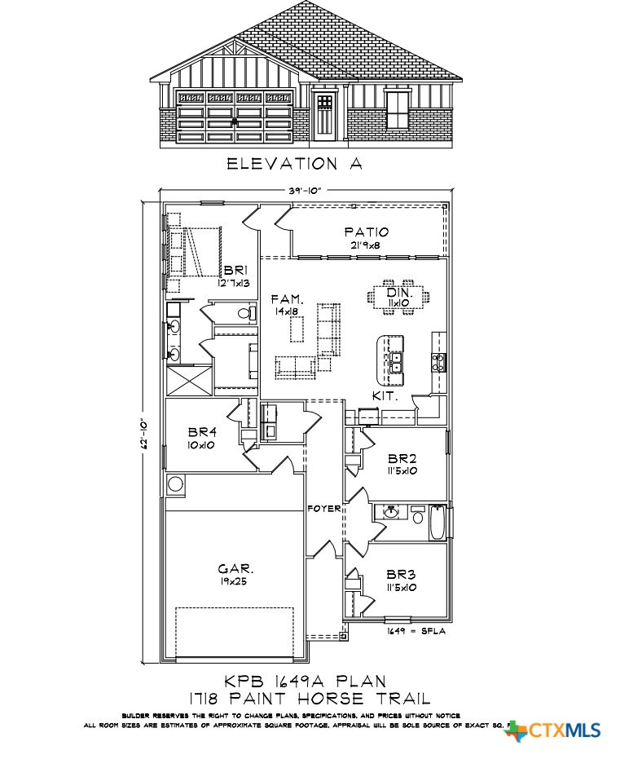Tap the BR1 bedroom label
coord(235,271)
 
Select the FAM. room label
coord(286,299)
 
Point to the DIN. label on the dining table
coord(399,293)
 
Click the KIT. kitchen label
coord(384,396)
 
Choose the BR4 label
coord(200,433)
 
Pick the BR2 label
coord(402,458)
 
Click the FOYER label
coord(323,509)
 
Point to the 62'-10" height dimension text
coord(146,430)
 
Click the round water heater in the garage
coord(176,484)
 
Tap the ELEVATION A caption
coord(294,164)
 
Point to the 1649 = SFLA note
coord(416,630)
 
